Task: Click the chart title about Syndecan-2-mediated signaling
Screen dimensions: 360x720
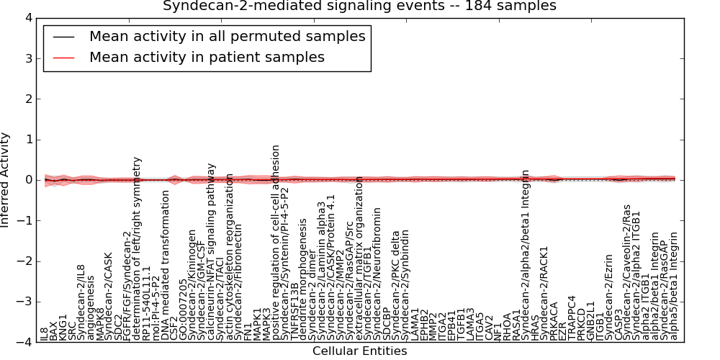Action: [359, 6]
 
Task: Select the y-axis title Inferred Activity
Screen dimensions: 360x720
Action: [6, 179]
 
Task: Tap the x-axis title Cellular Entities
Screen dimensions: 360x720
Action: [359, 351]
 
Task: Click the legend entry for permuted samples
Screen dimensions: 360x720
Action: [227, 36]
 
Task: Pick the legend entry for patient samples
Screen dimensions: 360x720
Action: [207, 57]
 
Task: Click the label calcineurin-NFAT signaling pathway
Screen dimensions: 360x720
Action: [211, 251]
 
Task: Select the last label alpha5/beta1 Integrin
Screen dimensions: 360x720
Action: [675, 285]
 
